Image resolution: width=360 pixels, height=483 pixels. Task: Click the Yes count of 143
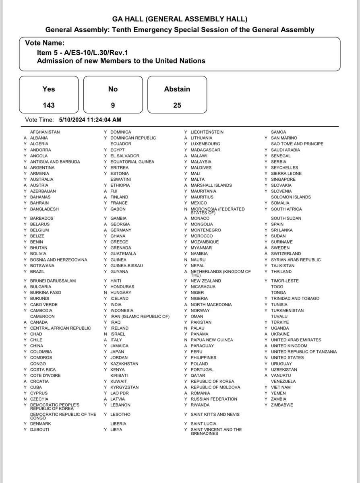point(49,105)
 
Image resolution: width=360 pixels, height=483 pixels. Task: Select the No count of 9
point(113,105)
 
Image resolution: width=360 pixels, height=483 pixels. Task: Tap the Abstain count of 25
point(177,105)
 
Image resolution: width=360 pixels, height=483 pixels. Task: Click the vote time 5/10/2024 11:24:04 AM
point(90,120)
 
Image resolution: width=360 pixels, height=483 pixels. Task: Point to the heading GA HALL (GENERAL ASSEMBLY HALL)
point(180,19)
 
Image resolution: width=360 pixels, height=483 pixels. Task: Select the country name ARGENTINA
point(42,167)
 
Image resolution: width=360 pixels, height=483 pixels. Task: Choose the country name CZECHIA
point(39,399)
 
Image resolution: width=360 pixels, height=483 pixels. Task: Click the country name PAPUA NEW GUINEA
point(212,340)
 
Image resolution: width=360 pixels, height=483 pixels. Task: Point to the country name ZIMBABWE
point(282,405)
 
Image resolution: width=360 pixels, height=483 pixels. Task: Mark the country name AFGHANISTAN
point(45,132)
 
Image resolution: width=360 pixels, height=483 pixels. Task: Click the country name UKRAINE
point(280,334)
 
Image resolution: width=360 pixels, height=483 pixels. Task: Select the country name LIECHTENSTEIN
point(207,132)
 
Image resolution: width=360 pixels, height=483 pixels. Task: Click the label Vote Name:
point(45,43)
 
